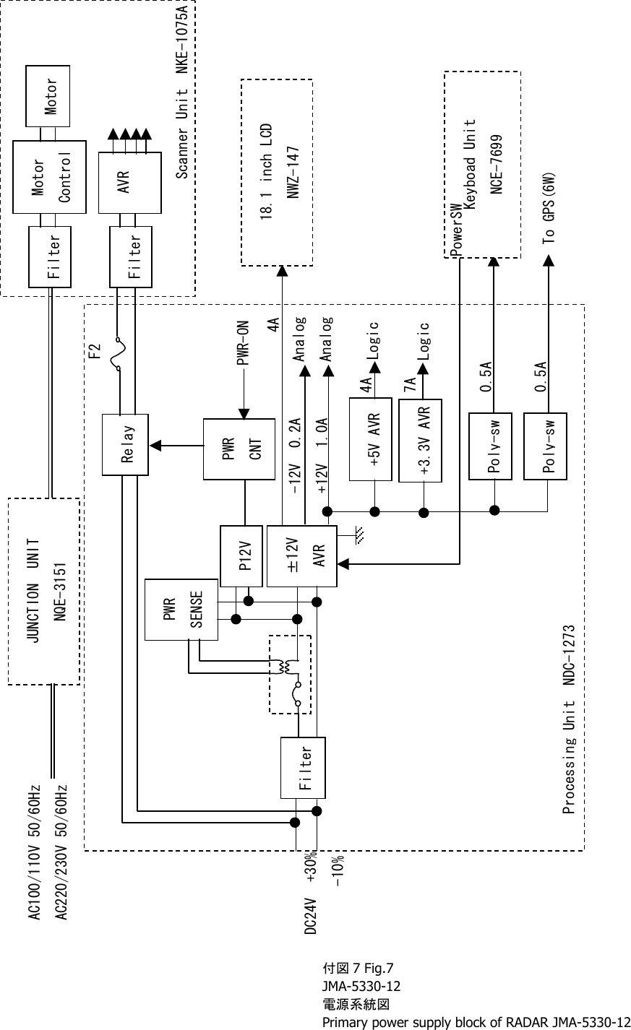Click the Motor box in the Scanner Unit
[x=48, y=95]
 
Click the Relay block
[x=126, y=444]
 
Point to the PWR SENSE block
[x=181, y=610]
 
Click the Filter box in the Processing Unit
[x=303, y=767]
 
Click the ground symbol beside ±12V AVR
[x=359, y=535]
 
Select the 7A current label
[x=410, y=382]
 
